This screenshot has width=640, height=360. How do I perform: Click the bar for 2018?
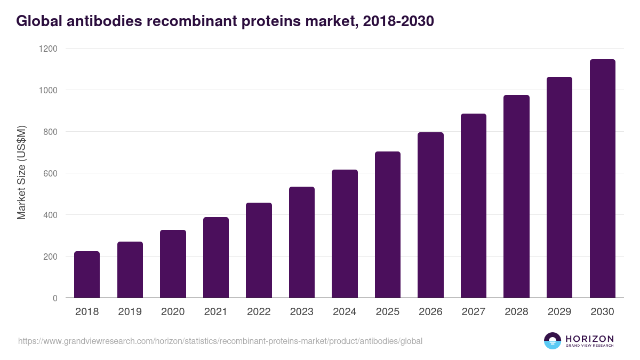(x=87, y=275)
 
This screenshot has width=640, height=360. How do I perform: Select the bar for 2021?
(x=216, y=258)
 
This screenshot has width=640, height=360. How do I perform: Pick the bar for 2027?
(x=474, y=206)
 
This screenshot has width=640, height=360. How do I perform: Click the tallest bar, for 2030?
(x=602, y=179)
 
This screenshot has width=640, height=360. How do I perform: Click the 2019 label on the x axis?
(x=130, y=312)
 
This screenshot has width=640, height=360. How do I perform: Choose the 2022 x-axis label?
(x=259, y=312)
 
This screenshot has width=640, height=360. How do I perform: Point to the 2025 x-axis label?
(x=388, y=312)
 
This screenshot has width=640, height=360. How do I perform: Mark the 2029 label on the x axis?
(x=559, y=312)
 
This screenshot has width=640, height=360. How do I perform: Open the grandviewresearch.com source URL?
(x=220, y=341)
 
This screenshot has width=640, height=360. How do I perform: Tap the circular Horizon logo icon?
(x=553, y=341)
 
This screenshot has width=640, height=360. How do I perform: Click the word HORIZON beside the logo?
(x=589, y=338)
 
